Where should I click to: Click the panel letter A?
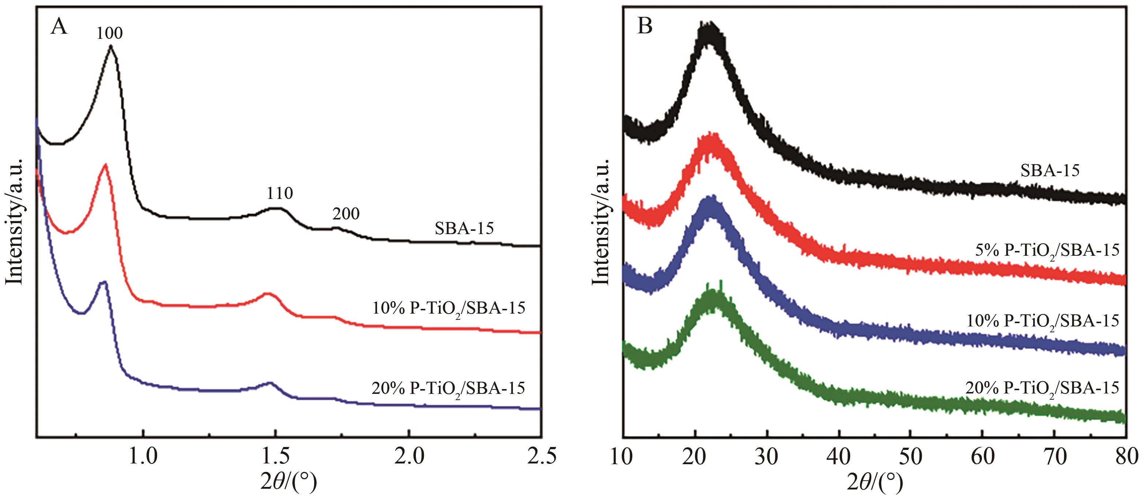(x=59, y=27)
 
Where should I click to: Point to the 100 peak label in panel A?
(x=109, y=33)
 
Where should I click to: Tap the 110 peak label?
(x=280, y=193)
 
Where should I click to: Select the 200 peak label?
(x=346, y=214)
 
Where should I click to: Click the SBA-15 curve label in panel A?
(x=464, y=229)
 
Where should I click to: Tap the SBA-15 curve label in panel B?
(x=1050, y=170)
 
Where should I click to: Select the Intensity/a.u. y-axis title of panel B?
(x=601, y=222)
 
